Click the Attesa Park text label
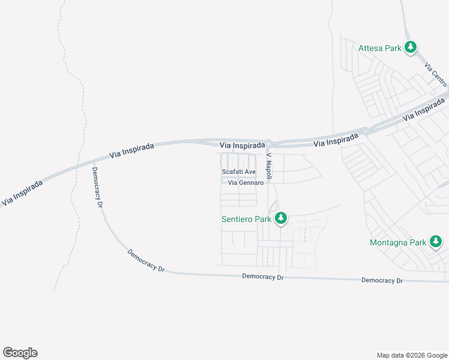pyautogui.click(x=379, y=48)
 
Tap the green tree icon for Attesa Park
pyautogui.click(x=411, y=47)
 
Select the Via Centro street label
pyautogui.click(x=436, y=73)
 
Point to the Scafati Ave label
pyautogui.click(x=239, y=172)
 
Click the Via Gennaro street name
pyautogui.click(x=246, y=182)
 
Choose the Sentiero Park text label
pyautogui.click(x=247, y=219)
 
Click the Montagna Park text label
pyautogui.click(x=397, y=242)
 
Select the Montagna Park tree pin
pyautogui.click(x=436, y=242)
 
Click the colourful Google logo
pyautogui.click(x=20, y=353)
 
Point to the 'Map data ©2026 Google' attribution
pyautogui.click(x=412, y=355)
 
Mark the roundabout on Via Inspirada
pyautogui.click(x=364, y=131)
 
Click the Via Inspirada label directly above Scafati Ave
pyautogui.click(x=243, y=145)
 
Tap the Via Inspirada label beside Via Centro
pyautogui.click(x=425, y=110)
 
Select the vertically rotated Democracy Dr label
pyautogui.click(x=97, y=187)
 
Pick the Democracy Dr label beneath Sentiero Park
pyautogui.click(x=262, y=277)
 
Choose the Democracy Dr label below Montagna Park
pyautogui.click(x=382, y=280)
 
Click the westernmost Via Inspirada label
pyautogui.click(x=22, y=194)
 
